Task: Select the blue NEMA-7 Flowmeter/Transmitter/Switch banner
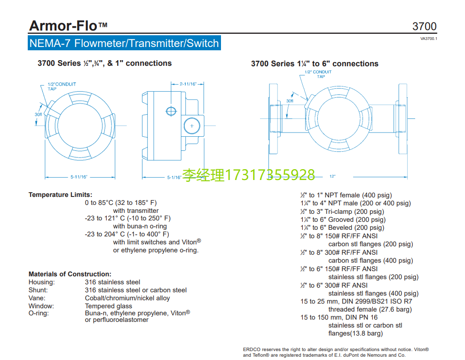tap(124, 44)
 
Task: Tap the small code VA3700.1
tap(428, 39)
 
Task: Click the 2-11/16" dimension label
tap(188, 84)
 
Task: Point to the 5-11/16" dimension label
tap(79, 177)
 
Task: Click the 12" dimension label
tap(332, 176)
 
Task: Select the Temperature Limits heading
tap(60, 195)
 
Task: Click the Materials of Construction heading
tap(70, 274)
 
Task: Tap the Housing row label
tap(41, 282)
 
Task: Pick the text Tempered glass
tap(108, 306)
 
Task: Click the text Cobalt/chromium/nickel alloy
tap(127, 298)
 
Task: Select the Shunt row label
tap(38, 290)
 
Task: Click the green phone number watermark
tap(249, 175)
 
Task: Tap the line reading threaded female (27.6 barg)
tap(370, 309)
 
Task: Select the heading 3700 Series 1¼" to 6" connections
tap(315, 63)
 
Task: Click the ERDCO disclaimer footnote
tap(336, 352)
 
